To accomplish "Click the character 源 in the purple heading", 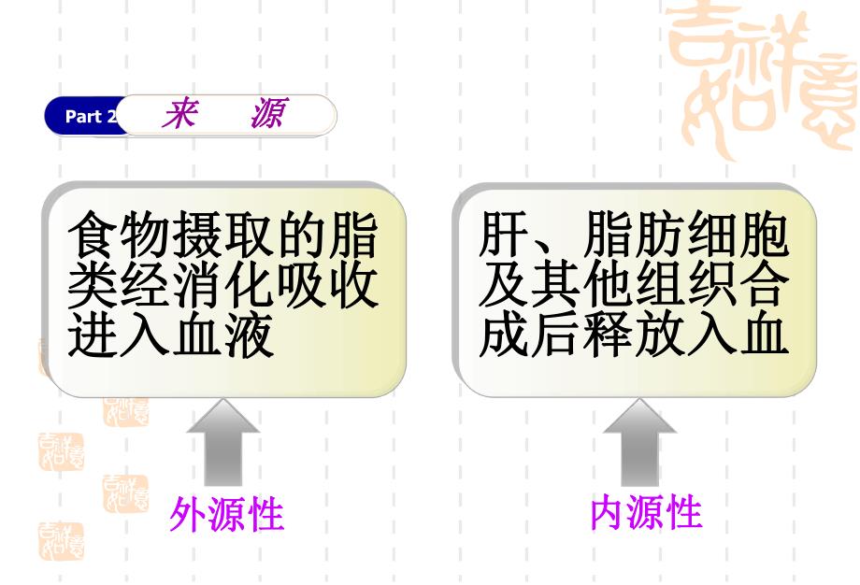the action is click(x=266, y=114).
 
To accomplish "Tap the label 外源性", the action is click(x=226, y=513).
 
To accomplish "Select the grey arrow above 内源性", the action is click(x=640, y=440).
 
